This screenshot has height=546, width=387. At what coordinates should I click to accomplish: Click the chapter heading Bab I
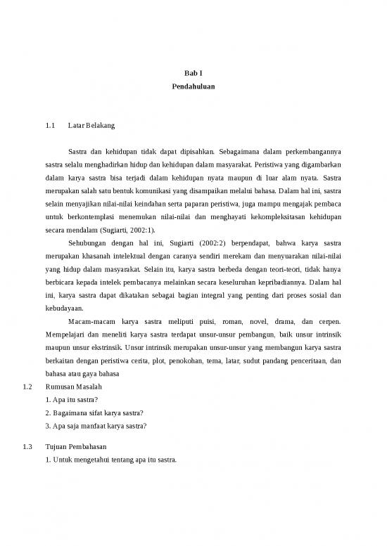193,72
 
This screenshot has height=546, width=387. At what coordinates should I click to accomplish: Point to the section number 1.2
29,387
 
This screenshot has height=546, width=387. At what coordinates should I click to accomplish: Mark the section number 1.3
29,447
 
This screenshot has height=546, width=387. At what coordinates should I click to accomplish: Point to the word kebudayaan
62,308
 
